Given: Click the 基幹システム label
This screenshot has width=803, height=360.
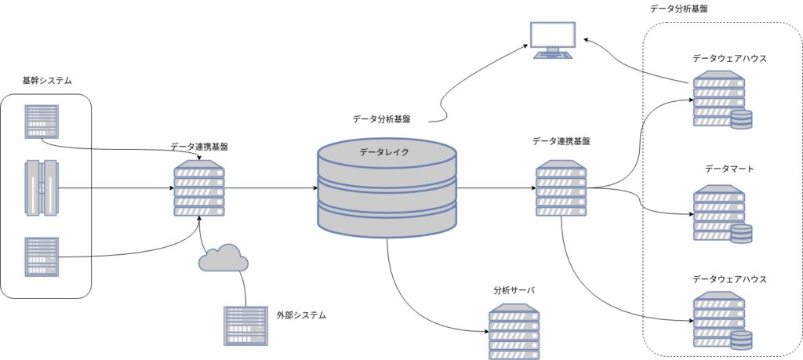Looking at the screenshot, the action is (46, 81).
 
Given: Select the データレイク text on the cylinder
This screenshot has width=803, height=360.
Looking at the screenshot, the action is (384, 151).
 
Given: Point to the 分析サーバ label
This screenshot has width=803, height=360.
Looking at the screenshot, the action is (514, 291).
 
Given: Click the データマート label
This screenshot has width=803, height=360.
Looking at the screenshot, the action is (729, 169).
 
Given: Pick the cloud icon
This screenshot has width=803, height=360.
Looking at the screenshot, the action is (223, 257).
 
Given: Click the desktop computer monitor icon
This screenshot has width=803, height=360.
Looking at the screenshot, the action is (553, 41).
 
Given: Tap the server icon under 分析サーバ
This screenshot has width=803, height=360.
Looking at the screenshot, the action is (514, 332).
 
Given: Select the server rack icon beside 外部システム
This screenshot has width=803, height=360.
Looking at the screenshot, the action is (245, 325).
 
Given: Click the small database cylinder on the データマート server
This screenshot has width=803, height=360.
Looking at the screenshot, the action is (741, 234).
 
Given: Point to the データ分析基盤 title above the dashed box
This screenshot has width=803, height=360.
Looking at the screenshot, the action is (678, 8).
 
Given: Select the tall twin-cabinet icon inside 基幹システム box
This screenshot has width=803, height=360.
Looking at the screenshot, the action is (42, 188).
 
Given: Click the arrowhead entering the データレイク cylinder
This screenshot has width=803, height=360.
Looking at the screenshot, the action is (314, 188).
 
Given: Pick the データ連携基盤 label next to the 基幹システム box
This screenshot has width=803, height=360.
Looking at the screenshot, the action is (199, 147).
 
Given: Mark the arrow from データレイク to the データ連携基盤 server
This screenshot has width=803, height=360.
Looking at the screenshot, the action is (496, 188).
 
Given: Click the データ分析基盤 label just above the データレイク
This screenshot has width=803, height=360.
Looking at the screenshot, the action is (382, 119).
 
